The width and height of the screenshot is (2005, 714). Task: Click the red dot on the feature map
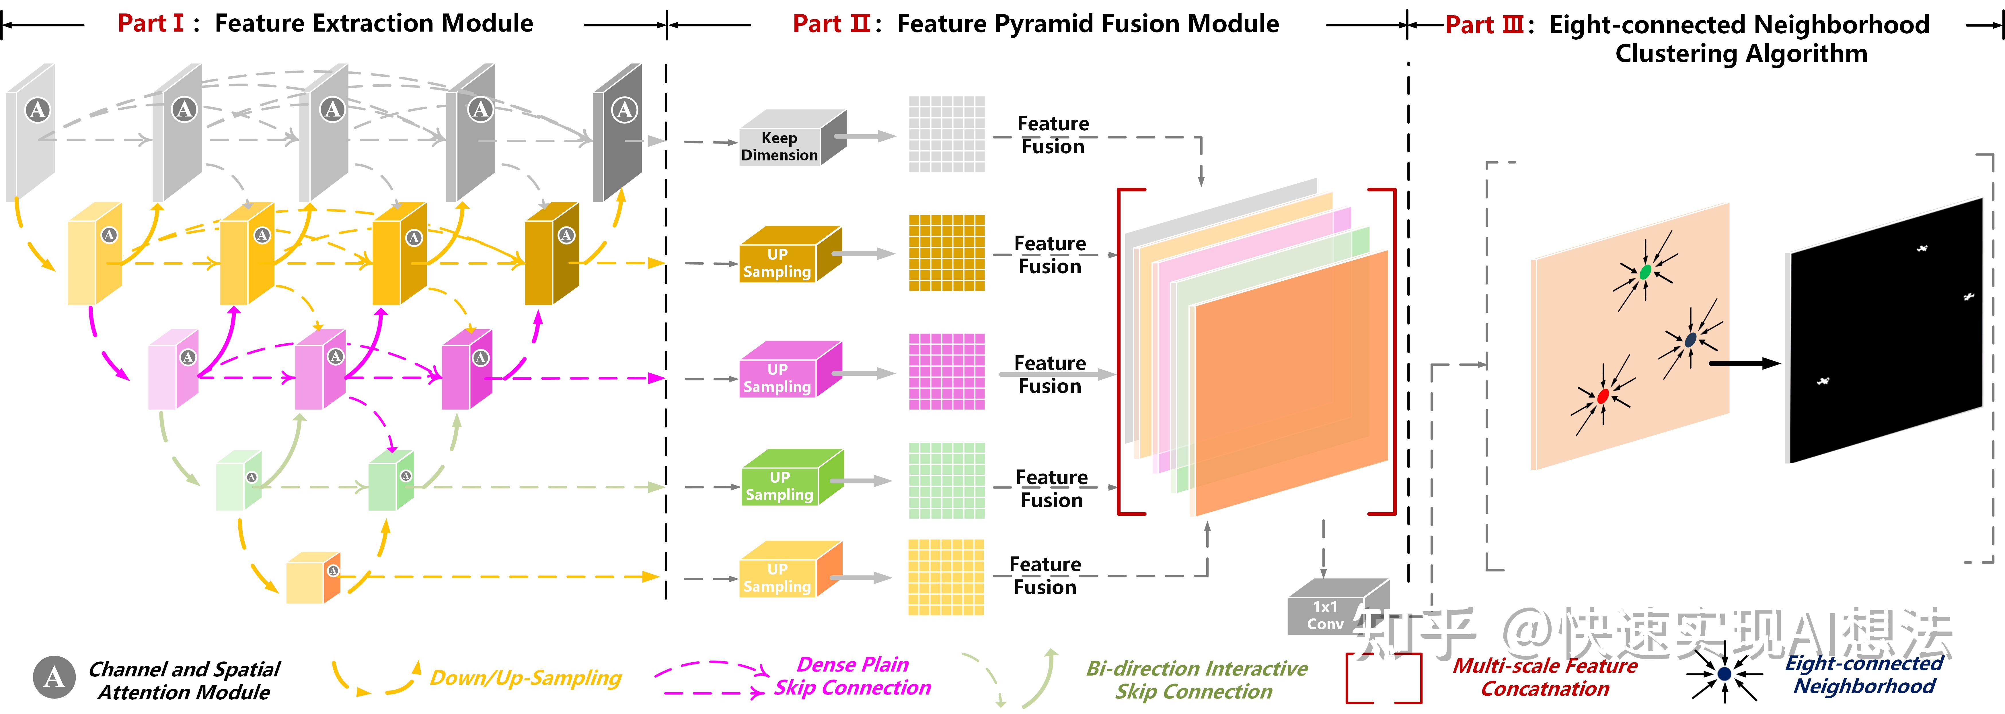click(1603, 396)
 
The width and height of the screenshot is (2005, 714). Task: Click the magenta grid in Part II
click(946, 371)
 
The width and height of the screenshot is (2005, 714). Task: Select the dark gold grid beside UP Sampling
click(946, 253)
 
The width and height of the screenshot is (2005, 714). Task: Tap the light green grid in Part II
click(946, 480)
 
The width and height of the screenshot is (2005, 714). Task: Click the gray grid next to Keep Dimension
click(946, 134)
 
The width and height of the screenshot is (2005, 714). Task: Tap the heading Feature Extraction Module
click(374, 23)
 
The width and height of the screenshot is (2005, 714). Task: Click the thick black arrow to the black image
click(1743, 363)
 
